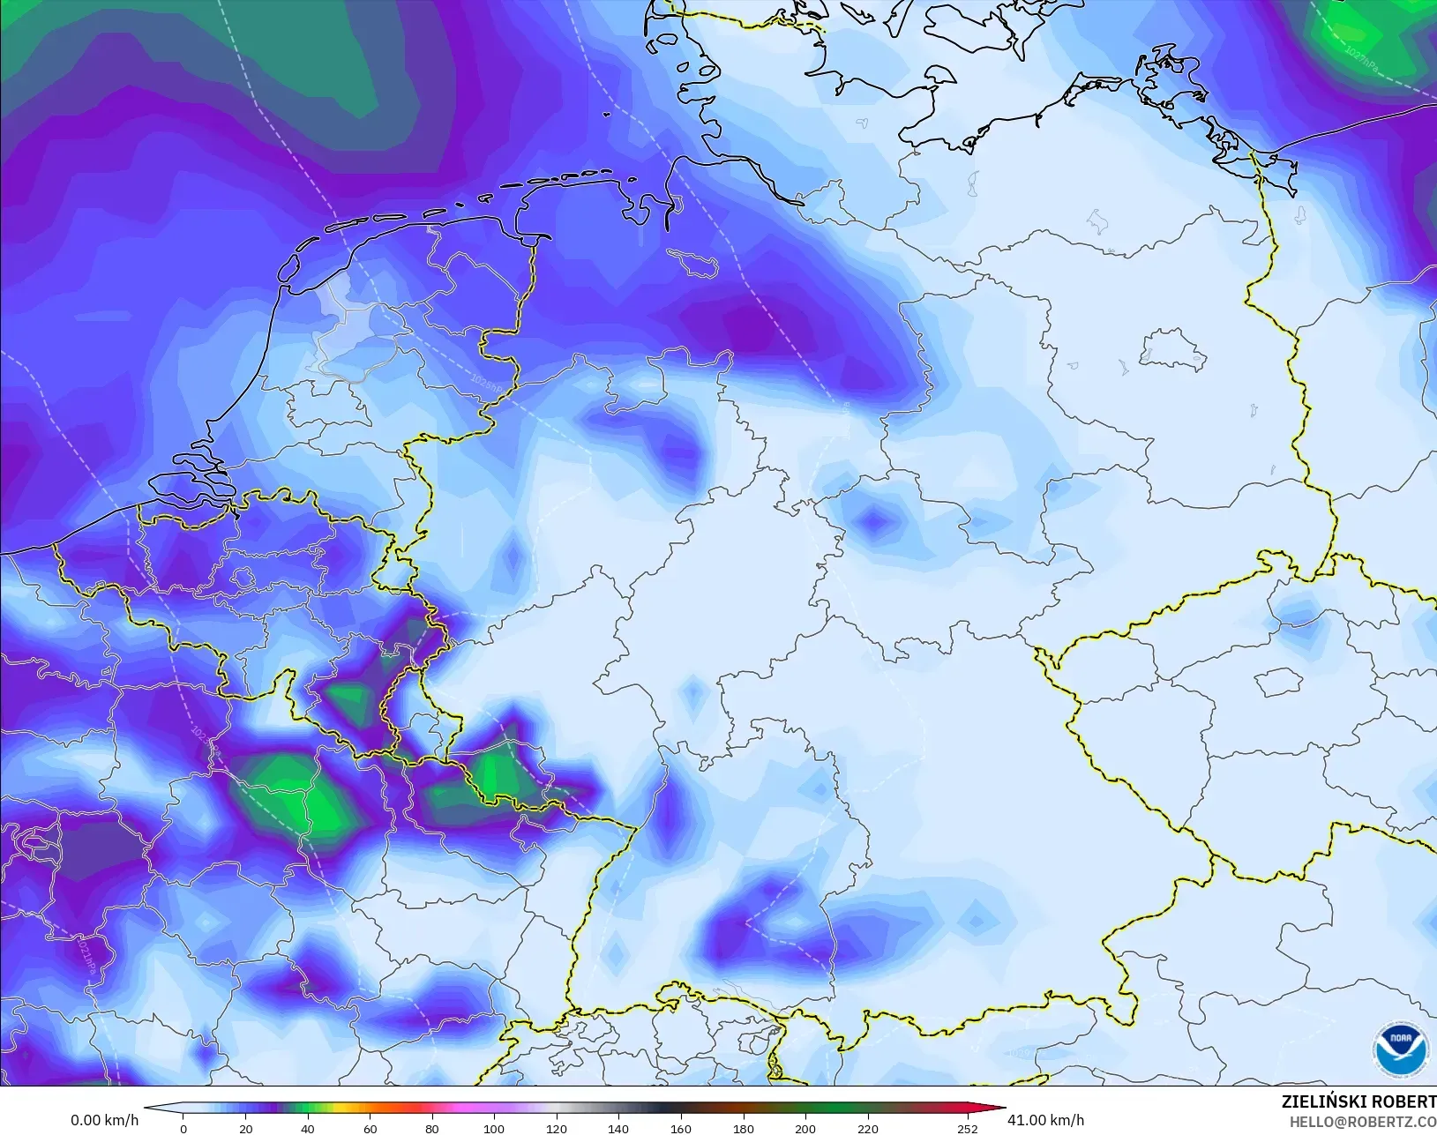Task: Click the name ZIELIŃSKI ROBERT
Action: click(1358, 1102)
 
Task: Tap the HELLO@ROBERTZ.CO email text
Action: click(1363, 1123)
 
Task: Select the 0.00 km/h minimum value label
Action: click(104, 1120)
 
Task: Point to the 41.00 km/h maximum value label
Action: click(1045, 1120)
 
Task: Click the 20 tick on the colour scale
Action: click(245, 1128)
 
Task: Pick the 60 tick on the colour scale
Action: click(370, 1128)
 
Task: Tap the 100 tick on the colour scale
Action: click(494, 1128)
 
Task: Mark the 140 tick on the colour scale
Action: click(618, 1128)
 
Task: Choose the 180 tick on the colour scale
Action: click(743, 1128)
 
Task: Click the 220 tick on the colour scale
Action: click(867, 1128)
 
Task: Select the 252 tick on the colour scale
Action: click(967, 1128)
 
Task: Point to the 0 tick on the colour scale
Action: click(183, 1128)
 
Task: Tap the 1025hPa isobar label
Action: click(488, 385)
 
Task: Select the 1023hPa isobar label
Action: click(202, 739)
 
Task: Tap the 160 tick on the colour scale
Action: click(680, 1128)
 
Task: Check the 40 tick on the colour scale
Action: click(307, 1128)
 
